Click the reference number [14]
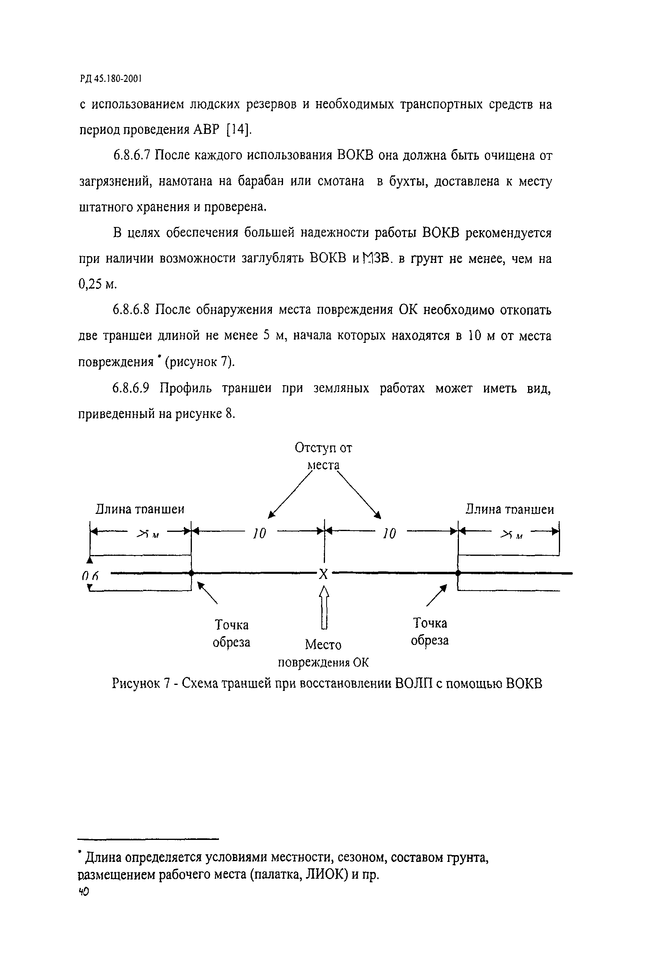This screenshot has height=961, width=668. point(238,130)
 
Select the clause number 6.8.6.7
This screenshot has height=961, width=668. point(132,155)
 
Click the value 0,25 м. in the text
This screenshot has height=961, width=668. point(97,285)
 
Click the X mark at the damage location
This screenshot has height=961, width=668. point(323,574)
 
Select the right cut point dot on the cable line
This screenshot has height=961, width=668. point(458,573)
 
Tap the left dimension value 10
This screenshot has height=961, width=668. point(259,533)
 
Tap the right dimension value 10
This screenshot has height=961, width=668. point(389,533)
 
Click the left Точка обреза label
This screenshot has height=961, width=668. point(231,633)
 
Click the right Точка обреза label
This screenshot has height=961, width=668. point(430,632)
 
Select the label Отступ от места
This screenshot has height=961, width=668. point(323,456)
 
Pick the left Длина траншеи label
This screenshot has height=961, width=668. point(140,509)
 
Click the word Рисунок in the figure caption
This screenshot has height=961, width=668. point(136,684)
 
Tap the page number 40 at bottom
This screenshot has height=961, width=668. point(84,892)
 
